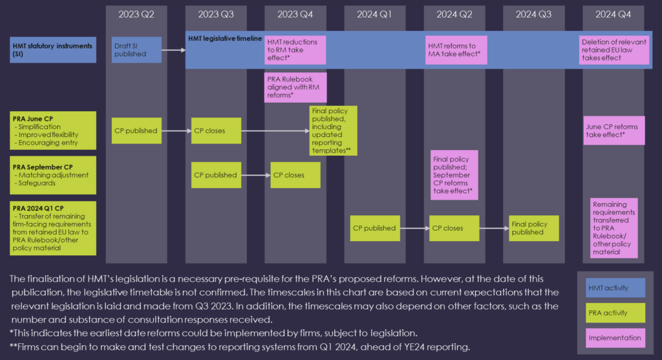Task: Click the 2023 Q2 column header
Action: pyautogui.click(x=136, y=14)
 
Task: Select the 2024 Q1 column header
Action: pyautogui.click(x=374, y=14)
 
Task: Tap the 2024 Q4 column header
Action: pyautogui.click(x=613, y=14)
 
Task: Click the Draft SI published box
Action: pyautogui.click(x=136, y=50)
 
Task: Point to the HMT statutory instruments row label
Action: pyautogui.click(x=53, y=50)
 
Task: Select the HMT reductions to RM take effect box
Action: pyautogui.click(x=295, y=50)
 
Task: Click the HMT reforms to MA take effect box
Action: pyautogui.click(x=456, y=50)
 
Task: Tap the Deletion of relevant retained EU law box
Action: pyautogui.click(x=614, y=50)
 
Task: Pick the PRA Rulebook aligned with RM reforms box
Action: pyautogui.click(x=295, y=87)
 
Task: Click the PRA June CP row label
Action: pyautogui.click(x=53, y=131)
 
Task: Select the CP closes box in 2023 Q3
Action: pyautogui.click(x=216, y=131)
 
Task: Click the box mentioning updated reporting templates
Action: pyautogui.click(x=333, y=131)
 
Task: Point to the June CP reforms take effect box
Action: pyautogui.click(x=614, y=131)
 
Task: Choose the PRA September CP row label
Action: pyautogui.click(x=53, y=175)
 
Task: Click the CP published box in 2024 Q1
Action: pyautogui.click(x=375, y=228)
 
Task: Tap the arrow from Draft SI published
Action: pyautogui.click(x=173, y=50)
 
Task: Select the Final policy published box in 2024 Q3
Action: pyautogui.click(x=533, y=228)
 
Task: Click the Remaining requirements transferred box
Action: pyautogui.click(x=614, y=228)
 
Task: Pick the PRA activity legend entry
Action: pyautogui.click(x=615, y=313)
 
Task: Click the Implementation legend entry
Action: pyautogui.click(x=615, y=337)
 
